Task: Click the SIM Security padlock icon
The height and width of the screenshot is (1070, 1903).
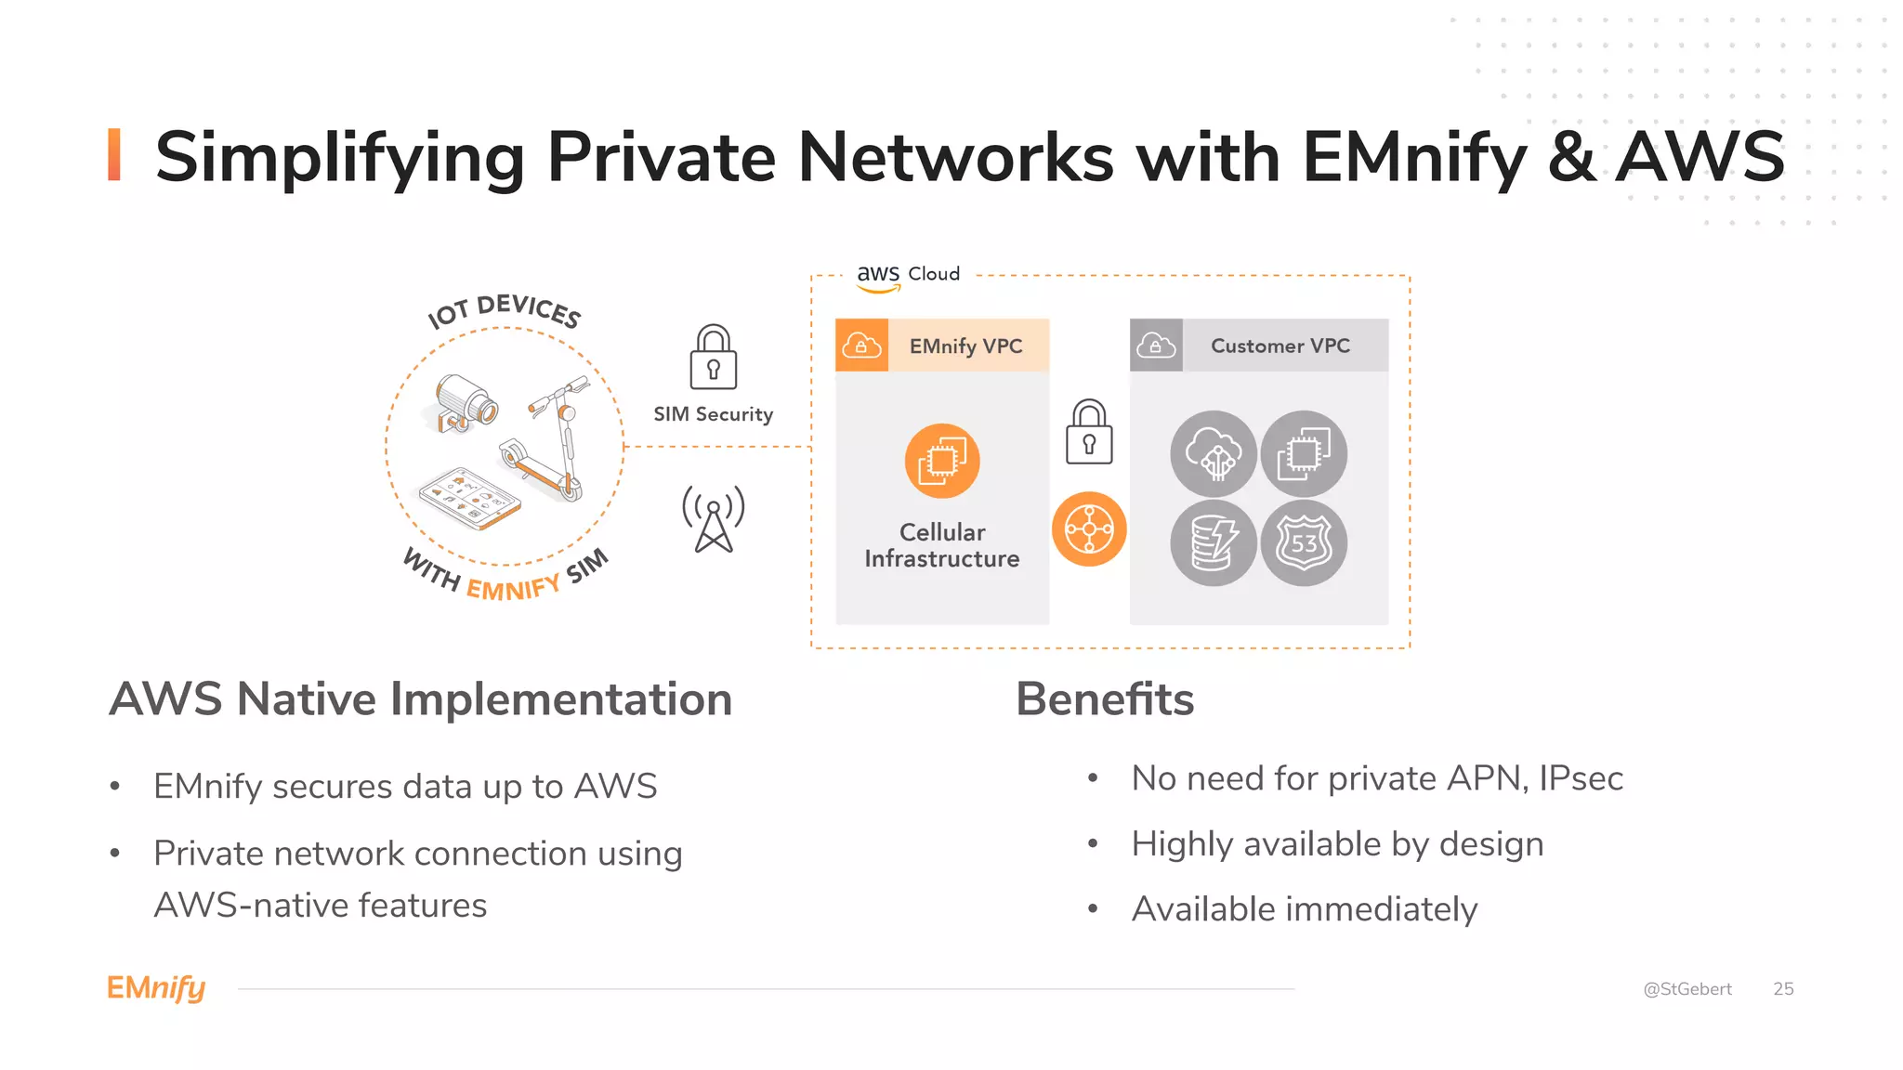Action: tap(713, 358)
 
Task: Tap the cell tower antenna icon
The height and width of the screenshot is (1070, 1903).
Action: tap(713, 518)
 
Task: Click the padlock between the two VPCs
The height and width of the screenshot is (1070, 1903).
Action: tap(1088, 433)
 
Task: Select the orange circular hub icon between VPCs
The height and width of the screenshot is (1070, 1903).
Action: tap(1088, 529)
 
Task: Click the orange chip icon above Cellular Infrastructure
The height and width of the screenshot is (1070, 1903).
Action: tap(941, 461)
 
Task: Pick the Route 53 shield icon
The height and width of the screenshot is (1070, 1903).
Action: tap(1303, 543)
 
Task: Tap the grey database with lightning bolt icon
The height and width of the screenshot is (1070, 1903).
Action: tap(1213, 543)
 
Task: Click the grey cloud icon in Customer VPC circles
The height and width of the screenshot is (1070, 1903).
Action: tap(1213, 453)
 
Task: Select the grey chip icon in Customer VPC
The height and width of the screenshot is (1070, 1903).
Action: tap(1303, 453)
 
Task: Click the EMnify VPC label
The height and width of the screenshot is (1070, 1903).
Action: tap(965, 346)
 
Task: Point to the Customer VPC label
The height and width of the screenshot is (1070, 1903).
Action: tap(1280, 346)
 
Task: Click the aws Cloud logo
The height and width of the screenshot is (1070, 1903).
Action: tap(906, 276)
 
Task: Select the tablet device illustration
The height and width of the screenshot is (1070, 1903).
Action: tap(469, 498)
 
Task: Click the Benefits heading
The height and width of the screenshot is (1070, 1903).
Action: tap(1104, 699)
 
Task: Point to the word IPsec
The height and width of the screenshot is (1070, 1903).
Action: tap(1581, 778)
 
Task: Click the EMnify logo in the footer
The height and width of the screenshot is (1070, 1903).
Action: tap(156, 988)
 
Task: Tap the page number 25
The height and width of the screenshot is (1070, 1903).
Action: tap(1782, 989)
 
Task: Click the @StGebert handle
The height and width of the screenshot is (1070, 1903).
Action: tap(1686, 989)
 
